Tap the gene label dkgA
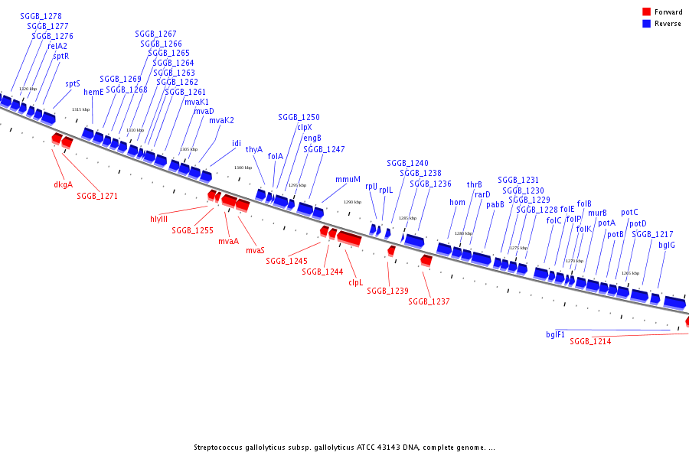point(64,184)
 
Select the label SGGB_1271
point(97,196)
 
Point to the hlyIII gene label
point(158,219)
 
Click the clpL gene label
point(355,282)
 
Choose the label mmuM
point(348,179)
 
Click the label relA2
point(57,46)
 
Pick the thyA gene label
point(254,149)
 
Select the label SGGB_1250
point(299,117)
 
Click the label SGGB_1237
point(429,301)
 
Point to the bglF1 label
point(556,334)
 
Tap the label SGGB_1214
point(590,341)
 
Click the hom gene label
point(457,203)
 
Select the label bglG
point(667,245)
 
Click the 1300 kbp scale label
point(243,168)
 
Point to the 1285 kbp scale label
point(407,218)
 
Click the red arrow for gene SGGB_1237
point(426,261)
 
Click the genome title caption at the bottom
point(344,448)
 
